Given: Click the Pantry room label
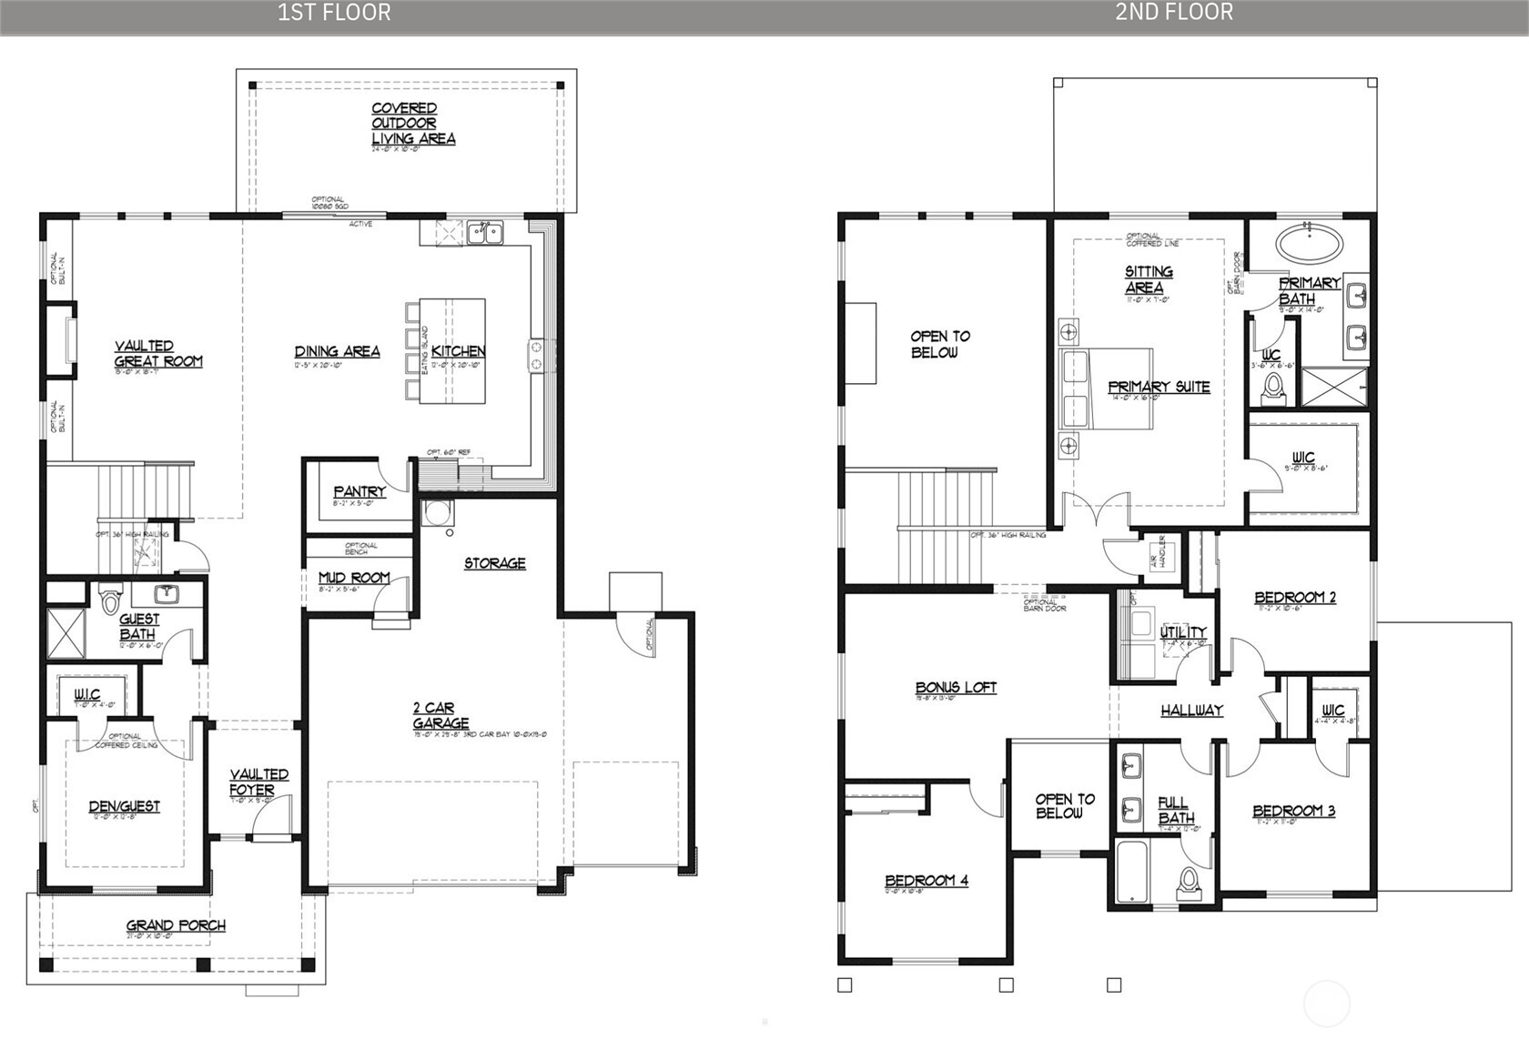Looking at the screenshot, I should point(359,491).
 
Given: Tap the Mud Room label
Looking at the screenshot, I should point(354,578).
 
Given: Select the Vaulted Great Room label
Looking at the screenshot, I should point(158,354).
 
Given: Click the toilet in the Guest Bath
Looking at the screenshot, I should point(111,601).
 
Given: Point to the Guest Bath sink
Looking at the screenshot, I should point(167,595).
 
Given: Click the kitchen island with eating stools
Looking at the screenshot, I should point(452,350).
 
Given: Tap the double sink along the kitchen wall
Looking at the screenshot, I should point(485,233).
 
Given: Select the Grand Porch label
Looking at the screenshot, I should point(176,925).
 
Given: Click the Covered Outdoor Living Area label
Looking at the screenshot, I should point(411,124).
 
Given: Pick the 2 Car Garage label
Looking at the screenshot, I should point(440,715).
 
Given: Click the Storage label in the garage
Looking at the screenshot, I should point(494,563).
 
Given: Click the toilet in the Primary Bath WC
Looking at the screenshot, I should point(1272,388).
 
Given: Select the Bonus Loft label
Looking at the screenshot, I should point(956,688).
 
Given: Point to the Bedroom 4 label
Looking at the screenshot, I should point(927,880).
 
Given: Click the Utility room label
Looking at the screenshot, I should point(1183,631).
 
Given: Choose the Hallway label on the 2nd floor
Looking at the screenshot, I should point(1191,710).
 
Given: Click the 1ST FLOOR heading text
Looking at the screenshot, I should point(334,12).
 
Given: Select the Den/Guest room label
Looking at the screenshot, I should point(124,806).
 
